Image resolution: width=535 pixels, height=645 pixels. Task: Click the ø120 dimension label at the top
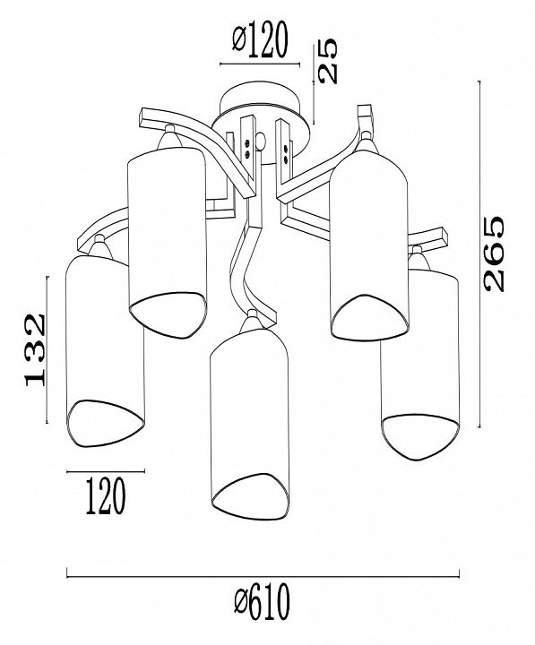click(x=259, y=40)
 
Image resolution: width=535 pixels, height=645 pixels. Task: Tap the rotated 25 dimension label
click(x=328, y=61)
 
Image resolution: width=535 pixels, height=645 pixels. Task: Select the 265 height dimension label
click(x=494, y=254)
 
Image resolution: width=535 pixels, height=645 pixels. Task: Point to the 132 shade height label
click(x=35, y=350)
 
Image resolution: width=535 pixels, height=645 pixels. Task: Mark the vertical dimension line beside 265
click(x=479, y=254)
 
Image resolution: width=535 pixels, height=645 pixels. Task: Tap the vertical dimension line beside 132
click(x=47, y=349)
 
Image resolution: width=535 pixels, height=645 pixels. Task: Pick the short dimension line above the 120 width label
click(x=106, y=471)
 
